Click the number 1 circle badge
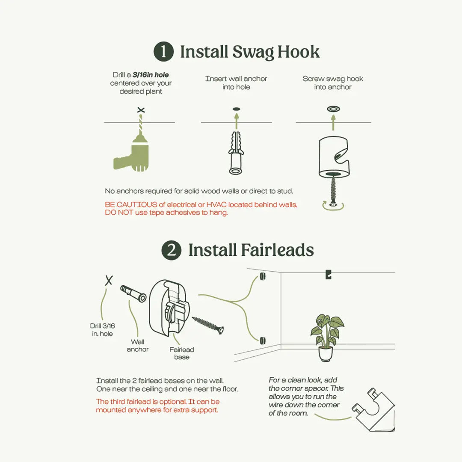pos(163,51)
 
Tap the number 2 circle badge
pos(172,250)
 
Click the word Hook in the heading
pos(298,52)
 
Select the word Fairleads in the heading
pos(277,250)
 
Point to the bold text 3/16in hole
pos(151,75)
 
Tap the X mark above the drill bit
pos(141,110)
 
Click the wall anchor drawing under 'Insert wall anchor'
pos(236,153)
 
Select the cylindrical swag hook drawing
pos(334,157)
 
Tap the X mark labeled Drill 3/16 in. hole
pos(109,280)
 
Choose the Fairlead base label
pos(181,353)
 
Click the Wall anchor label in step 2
pos(138,345)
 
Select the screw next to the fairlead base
pos(208,325)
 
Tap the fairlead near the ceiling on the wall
pos(263,276)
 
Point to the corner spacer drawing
pos(374,409)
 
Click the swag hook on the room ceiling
pos(328,274)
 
